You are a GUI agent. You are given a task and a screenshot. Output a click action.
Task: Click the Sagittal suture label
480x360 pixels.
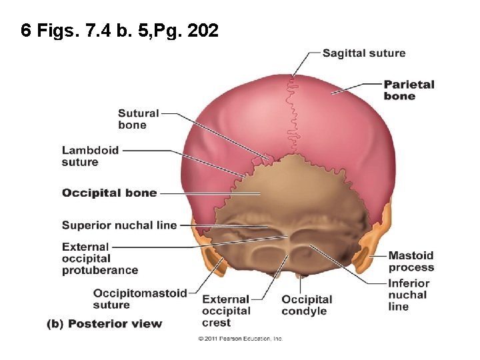363,53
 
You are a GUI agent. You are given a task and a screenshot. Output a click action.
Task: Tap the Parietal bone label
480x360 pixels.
408,90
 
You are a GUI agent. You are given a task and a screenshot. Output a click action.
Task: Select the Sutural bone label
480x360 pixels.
138,119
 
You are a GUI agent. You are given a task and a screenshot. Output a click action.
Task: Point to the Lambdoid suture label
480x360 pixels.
90,155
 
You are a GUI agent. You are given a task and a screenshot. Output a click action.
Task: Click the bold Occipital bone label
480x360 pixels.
109,193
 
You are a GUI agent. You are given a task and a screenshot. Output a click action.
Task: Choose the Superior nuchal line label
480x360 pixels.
119,225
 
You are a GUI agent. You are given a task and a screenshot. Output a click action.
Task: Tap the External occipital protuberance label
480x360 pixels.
100,259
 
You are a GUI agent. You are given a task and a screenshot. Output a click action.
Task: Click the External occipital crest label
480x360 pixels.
226,311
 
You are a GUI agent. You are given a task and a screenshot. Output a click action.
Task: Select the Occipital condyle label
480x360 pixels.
307,305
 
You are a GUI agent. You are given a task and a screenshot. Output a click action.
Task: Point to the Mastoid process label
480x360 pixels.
411,261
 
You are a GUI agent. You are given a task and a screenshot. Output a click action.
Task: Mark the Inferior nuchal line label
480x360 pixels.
408,295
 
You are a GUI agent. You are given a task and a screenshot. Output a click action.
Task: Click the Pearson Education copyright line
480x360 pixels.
240,339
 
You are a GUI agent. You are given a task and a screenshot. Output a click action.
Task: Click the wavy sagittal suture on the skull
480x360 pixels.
291,113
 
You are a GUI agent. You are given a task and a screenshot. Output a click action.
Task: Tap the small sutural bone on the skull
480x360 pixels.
267,159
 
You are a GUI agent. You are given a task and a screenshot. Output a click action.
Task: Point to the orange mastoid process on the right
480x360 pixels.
364,260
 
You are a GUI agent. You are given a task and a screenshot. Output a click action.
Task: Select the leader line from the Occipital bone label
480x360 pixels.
200,194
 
